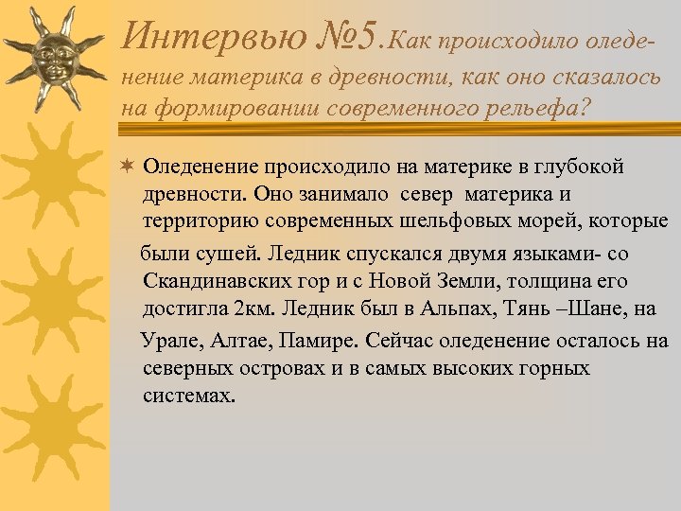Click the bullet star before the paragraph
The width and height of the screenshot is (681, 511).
click(128, 167)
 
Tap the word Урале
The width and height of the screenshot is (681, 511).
click(166, 340)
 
